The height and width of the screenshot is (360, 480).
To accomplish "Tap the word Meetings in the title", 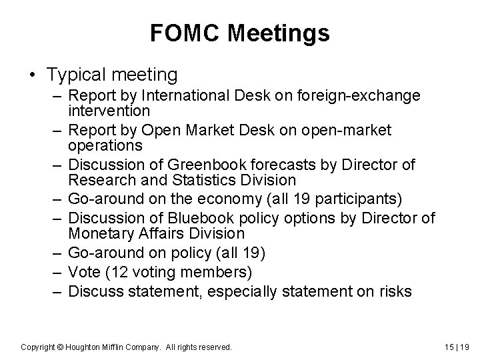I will [279, 33].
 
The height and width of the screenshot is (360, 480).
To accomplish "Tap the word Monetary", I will [99, 233].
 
